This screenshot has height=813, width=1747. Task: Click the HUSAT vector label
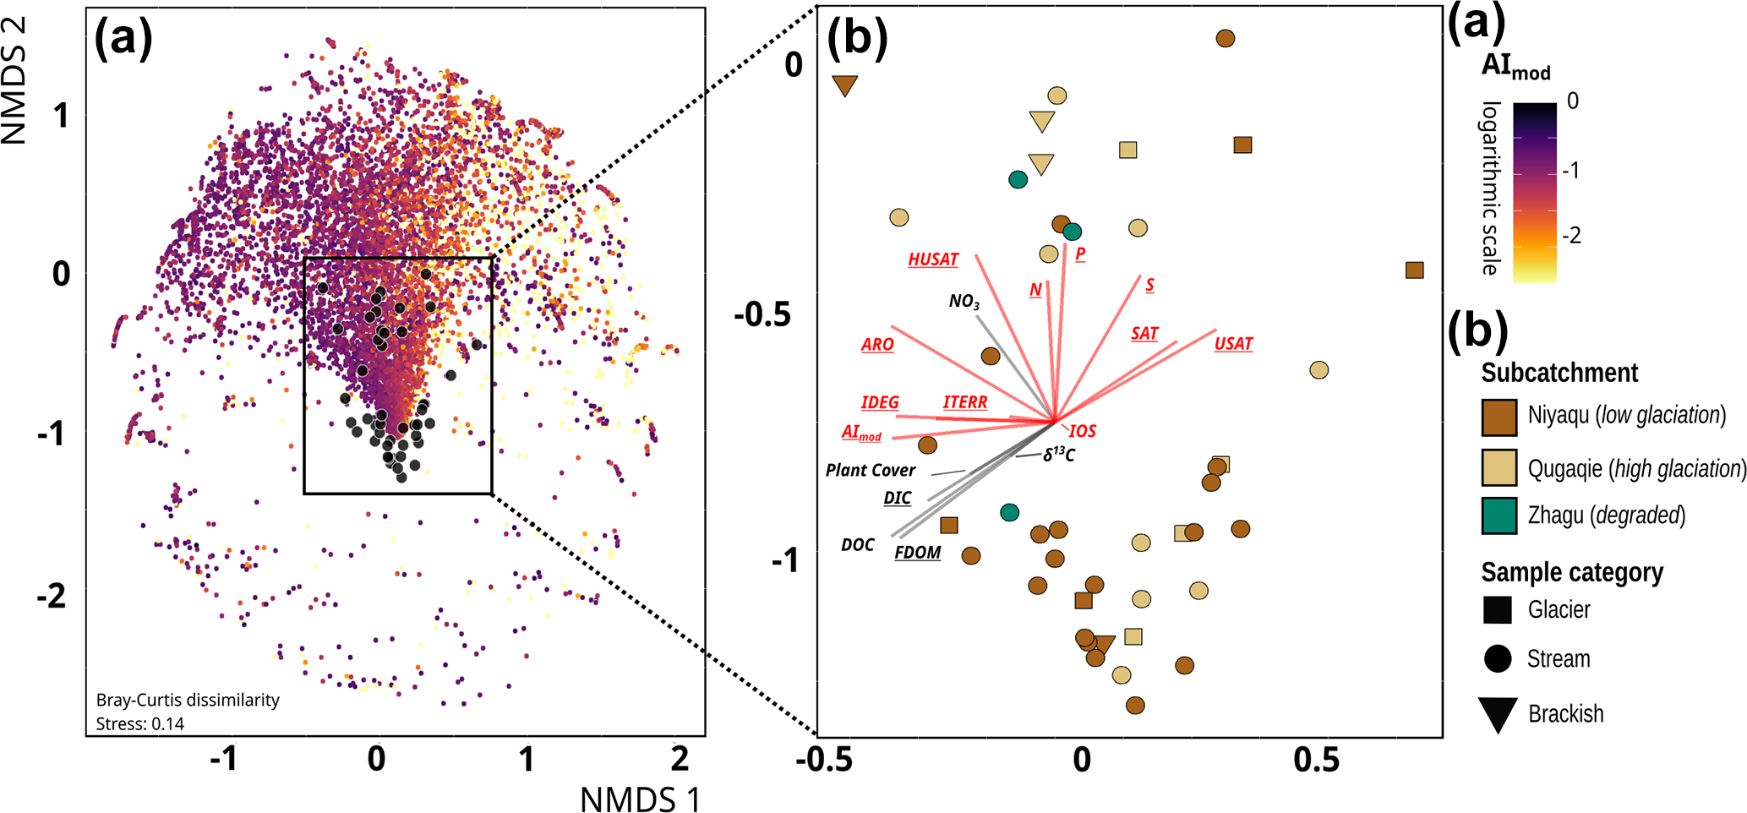pyautogui.click(x=933, y=259)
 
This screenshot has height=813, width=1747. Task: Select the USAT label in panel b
pyautogui.click(x=1233, y=344)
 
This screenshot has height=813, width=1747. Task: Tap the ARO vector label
pyautogui.click(x=877, y=345)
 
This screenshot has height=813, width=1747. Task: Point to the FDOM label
pyautogui.click(x=917, y=553)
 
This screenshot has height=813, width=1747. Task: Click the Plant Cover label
pyautogui.click(x=870, y=471)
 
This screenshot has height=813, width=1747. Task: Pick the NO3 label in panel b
pyautogui.click(x=964, y=302)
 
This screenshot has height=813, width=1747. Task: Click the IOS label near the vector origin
pyautogui.click(x=1082, y=432)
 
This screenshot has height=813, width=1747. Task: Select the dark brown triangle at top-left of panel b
pyautogui.click(x=845, y=85)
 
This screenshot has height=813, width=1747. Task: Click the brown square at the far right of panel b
pyautogui.click(x=1414, y=270)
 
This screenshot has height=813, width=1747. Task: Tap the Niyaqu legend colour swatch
pyautogui.click(x=1499, y=417)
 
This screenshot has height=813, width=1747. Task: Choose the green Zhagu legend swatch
pyautogui.click(x=1499, y=516)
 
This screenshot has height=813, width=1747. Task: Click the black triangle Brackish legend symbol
pyautogui.click(x=1497, y=714)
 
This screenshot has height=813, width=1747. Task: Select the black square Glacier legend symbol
pyautogui.click(x=1497, y=610)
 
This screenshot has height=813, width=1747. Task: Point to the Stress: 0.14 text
pyautogui.click(x=140, y=723)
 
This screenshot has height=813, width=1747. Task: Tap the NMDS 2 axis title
pyautogui.click(x=15, y=80)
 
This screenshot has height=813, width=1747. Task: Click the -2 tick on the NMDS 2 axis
pyautogui.click(x=52, y=597)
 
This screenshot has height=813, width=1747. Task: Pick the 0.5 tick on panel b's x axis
pyautogui.click(x=1316, y=761)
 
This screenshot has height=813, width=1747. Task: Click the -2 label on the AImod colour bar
pyautogui.click(x=1571, y=236)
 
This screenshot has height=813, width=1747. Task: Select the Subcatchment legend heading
pyautogui.click(x=1559, y=373)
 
